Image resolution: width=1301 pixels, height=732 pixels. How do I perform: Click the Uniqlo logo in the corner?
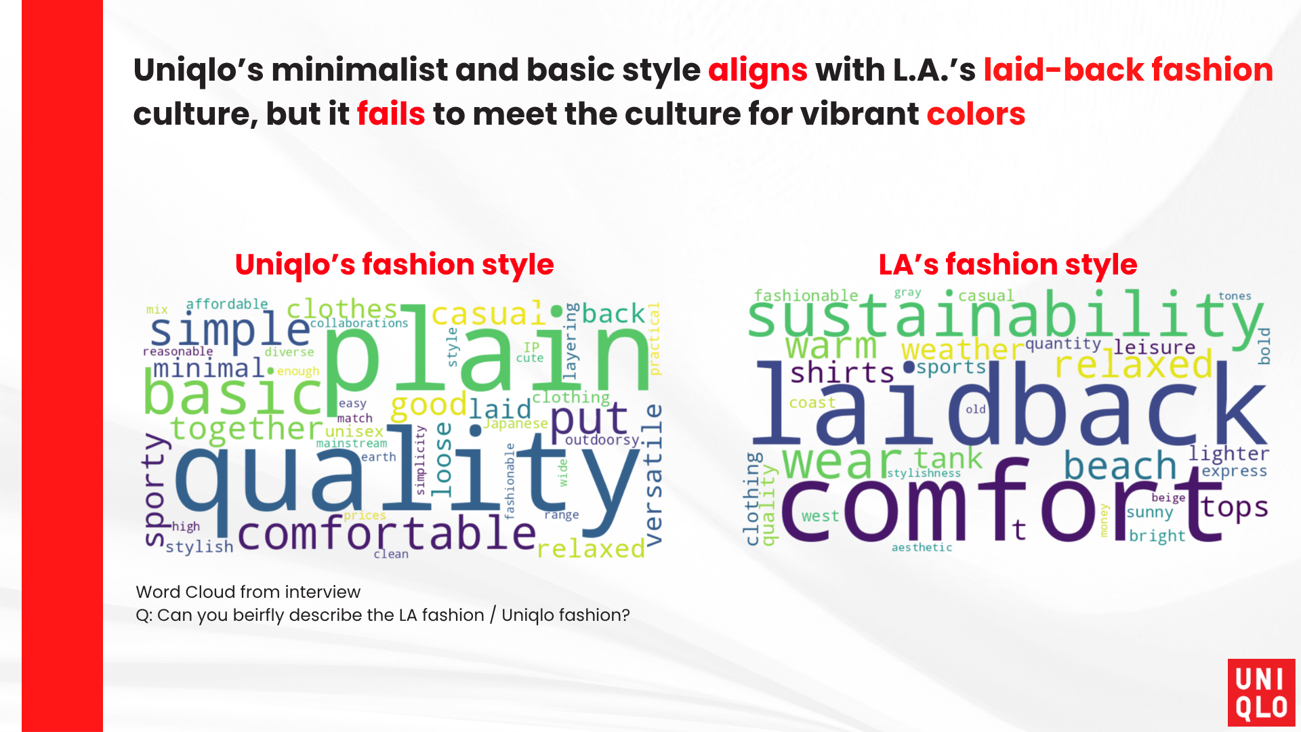(x=1261, y=692)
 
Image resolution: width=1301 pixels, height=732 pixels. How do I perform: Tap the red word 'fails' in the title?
(x=391, y=114)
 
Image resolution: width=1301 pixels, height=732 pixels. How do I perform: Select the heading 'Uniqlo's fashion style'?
(x=394, y=265)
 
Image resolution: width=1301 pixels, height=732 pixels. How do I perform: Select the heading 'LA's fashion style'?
(x=1008, y=265)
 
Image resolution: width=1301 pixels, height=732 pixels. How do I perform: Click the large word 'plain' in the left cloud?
(x=488, y=352)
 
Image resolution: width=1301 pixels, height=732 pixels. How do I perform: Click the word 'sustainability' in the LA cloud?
(x=1006, y=316)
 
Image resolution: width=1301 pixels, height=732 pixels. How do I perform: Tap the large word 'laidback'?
(x=1010, y=407)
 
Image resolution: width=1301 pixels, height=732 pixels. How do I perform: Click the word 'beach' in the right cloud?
(x=1120, y=466)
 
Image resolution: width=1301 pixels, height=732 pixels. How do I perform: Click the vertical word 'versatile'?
(x=653, y=474)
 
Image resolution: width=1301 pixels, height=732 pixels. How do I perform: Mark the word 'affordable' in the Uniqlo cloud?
(x=227, y=304)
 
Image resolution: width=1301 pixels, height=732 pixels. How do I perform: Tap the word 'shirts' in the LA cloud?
(x=842, y=373)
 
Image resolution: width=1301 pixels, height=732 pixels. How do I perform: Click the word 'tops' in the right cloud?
(x=1234, y=508)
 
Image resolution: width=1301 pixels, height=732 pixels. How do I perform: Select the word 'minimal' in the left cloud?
(x=209, y=369)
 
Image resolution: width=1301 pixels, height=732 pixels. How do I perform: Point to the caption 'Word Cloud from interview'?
(x=248, y=592)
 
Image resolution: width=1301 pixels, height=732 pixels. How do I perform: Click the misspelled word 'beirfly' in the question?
(x=260, y=615)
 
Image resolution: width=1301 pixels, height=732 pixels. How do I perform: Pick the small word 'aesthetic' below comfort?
(x=922, y=548)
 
